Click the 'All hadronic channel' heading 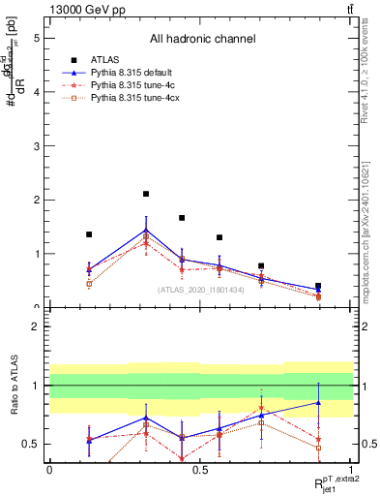click(x=202, y=40)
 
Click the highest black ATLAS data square click(x=146, y=194)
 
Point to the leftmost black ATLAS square click(x=89, y=234)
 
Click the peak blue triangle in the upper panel click(x=146, y=230)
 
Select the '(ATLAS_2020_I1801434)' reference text click(x=201, y=290)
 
